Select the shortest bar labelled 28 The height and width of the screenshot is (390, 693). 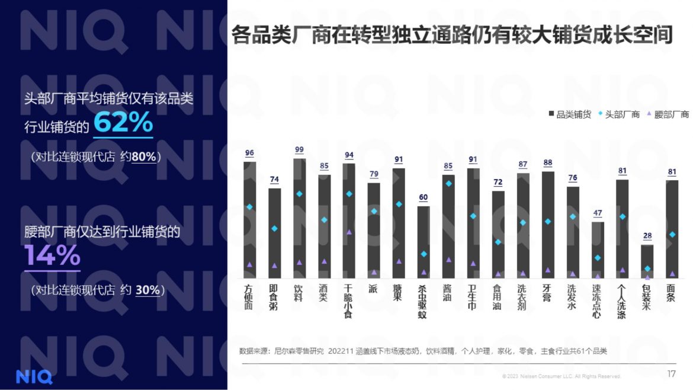click(647, 261)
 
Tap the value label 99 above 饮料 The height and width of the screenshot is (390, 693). click(299, 150)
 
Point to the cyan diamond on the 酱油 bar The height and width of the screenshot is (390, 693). click(448, 184)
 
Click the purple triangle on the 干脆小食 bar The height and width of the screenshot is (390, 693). click(349, 232)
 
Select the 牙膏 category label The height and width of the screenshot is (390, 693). click(547, 293)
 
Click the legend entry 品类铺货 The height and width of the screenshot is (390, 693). click(570, 114)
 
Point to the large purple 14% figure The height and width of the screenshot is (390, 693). click(52, 255)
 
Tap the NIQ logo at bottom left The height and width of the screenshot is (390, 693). click(34, 376)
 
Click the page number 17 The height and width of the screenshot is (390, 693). click(671, 373)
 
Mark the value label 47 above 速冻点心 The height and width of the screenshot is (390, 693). click(598, 213)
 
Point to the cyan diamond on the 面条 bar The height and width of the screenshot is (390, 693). click(672, 235)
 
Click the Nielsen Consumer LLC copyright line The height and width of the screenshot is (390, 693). click(561, 376)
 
